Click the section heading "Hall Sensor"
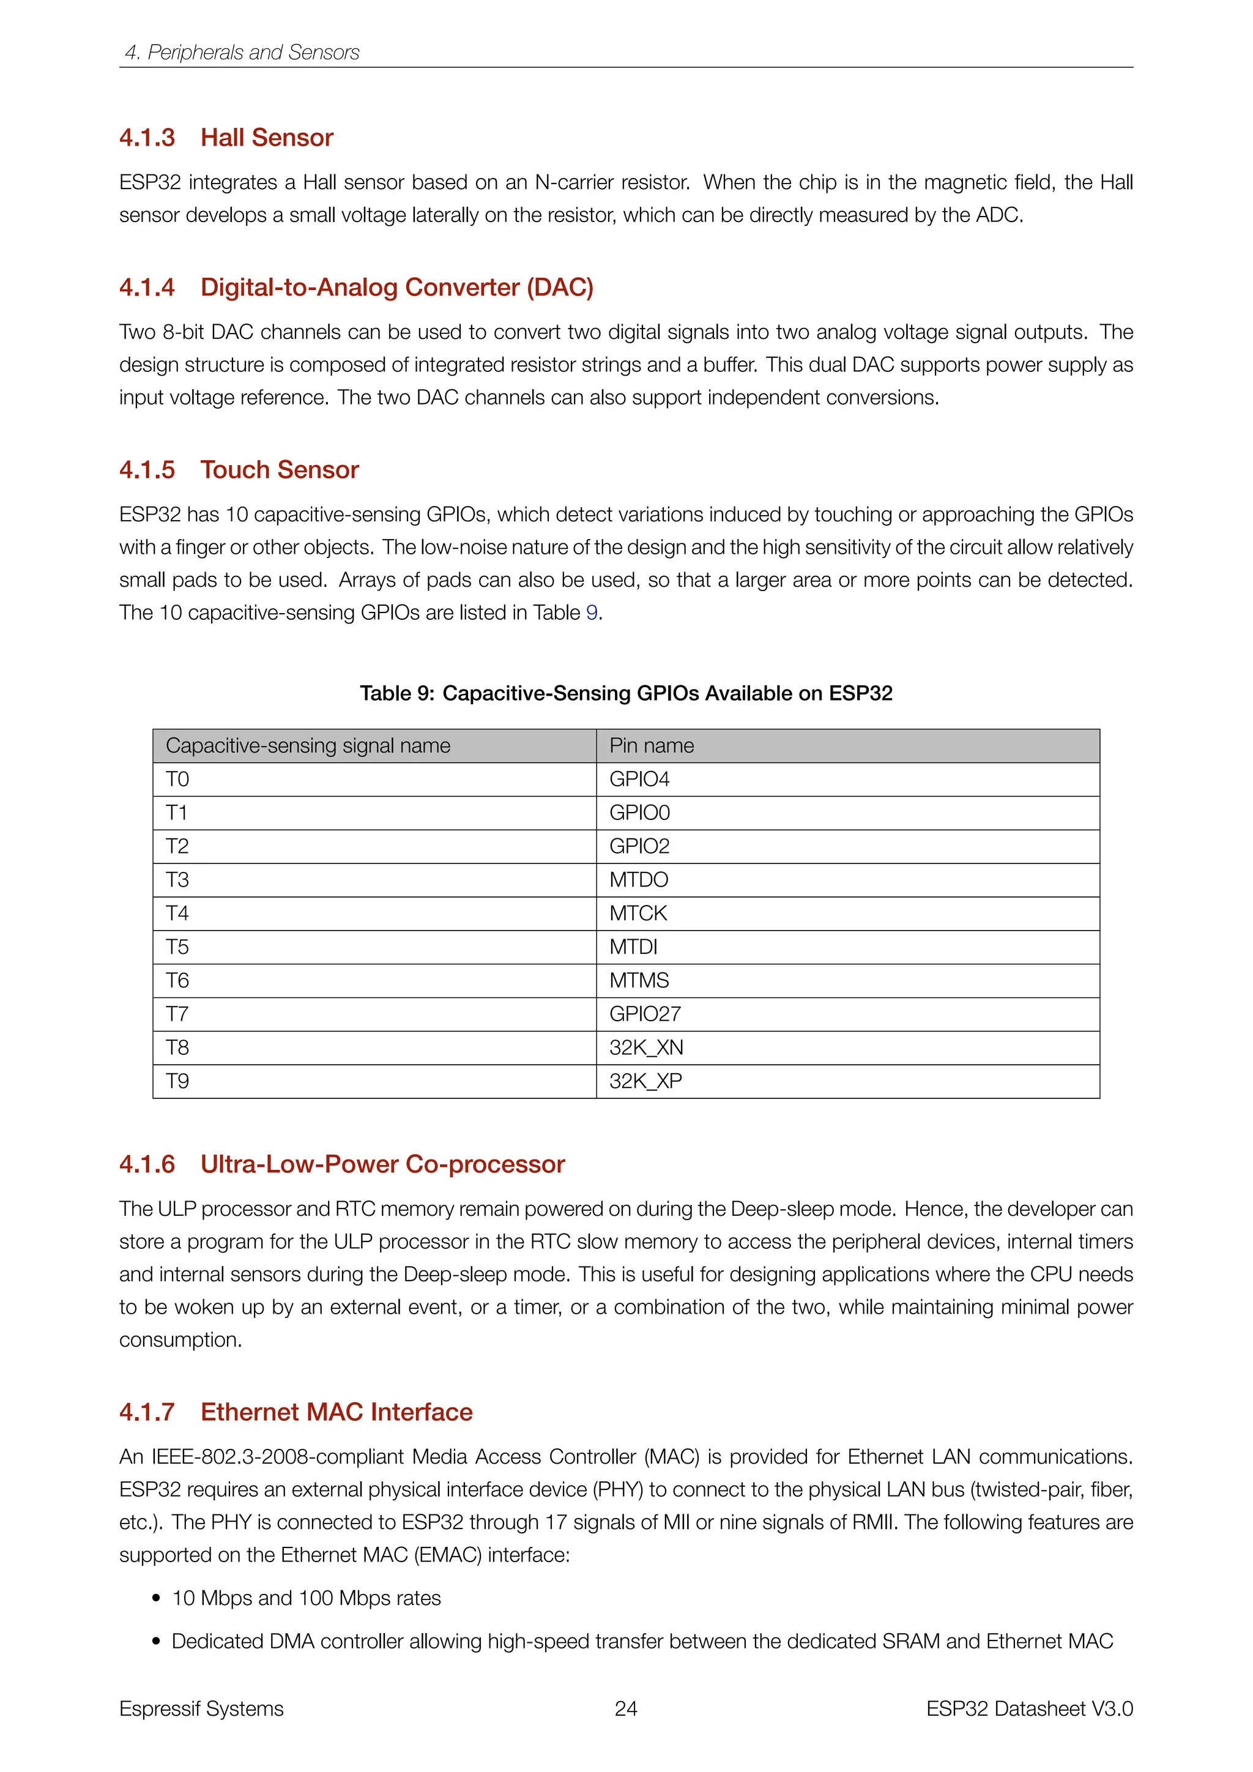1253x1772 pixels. coord(266,138)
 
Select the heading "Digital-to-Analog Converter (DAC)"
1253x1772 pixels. coord(396,287)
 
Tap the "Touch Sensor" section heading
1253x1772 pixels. coord(280,470)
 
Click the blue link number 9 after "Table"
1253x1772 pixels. coord(592,612)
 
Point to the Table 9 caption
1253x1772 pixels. coord(626,693)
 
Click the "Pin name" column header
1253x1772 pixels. coord(651,745)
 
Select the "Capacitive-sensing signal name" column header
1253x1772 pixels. coord(308,745)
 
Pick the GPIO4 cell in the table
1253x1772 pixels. coord(639,780)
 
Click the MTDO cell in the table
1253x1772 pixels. coord(638,880)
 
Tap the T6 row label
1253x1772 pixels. coord(177,981)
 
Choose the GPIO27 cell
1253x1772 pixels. coord(645,1014)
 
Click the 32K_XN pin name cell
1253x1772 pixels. coord(646,1048)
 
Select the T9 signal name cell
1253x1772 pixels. coord(177,1081)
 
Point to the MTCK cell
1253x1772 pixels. coord(638,914)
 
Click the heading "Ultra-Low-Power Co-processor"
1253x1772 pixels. coord(382,1164)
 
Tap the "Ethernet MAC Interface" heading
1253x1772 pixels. coord(336,1412)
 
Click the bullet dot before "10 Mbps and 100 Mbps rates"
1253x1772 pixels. coord(157,1598)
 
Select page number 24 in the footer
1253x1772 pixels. coord(626,1709)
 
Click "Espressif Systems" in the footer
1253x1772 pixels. coord(201,1709)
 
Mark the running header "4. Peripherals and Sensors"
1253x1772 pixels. coord(242,53)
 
